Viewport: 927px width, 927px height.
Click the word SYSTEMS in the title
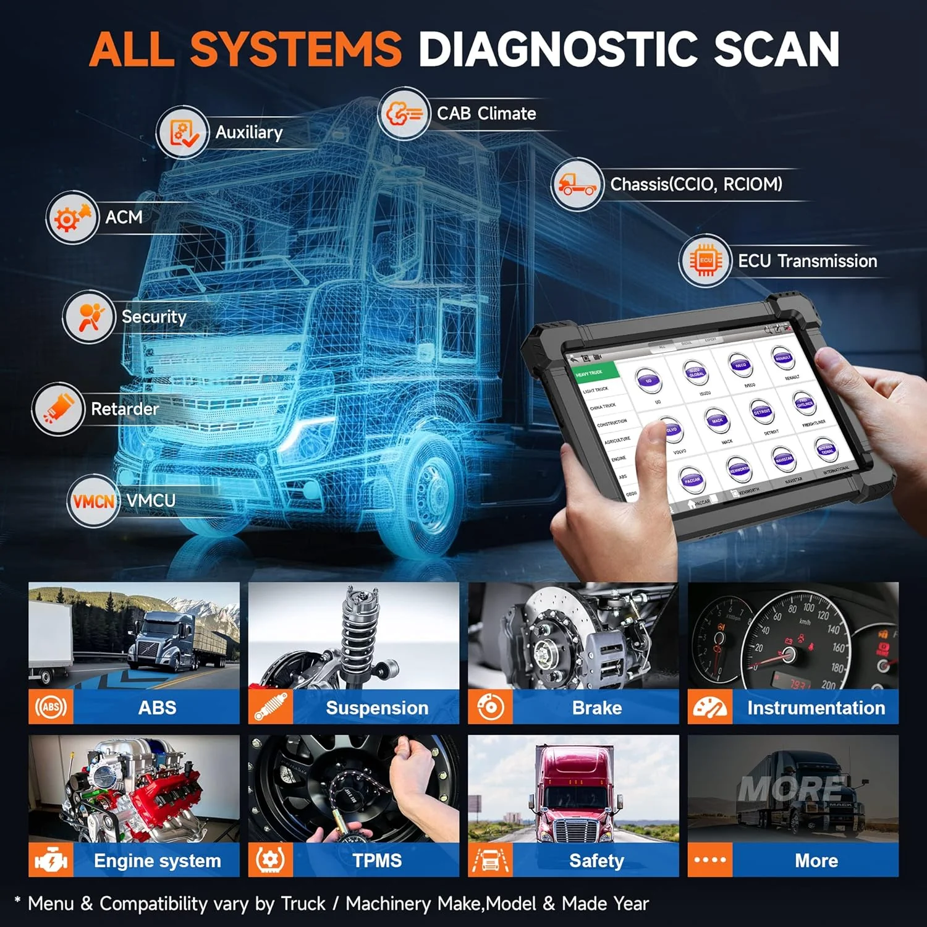tap(295, 49)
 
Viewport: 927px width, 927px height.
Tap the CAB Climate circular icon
tap(404, 114)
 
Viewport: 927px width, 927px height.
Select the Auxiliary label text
tap(249, 132)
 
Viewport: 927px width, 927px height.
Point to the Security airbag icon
tap(89, 316)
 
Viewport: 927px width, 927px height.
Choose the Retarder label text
tap(125, 409)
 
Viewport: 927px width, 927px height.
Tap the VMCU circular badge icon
tap(93, 501)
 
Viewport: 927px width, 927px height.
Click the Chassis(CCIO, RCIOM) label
tap(696, 184)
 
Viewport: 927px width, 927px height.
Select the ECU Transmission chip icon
tap(705, 261)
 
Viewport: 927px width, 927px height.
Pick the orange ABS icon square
tap(51, 707)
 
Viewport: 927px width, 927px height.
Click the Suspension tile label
tap(376, 708)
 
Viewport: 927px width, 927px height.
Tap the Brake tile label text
tap(596, 708)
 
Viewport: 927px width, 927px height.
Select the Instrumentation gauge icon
tap(710, 707)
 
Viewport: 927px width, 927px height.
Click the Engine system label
tap(157, 860)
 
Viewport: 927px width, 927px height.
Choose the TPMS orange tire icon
tap(270, 860)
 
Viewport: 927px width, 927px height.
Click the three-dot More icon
tap(710, 860)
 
